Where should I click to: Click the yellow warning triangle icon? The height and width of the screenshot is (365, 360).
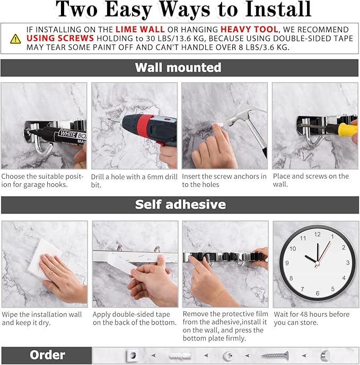(16, 38)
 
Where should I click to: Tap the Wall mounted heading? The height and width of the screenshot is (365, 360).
(178, 68)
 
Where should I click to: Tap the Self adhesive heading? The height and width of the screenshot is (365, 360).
(180, 204)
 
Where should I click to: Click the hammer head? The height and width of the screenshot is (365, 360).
(241, 114)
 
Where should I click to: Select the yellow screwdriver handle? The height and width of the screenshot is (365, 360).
(347, 129)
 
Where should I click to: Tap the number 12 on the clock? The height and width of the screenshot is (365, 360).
(317, 234)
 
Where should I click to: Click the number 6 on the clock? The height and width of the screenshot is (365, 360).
(317, 293)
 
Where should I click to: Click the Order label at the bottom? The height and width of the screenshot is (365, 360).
(47, 355)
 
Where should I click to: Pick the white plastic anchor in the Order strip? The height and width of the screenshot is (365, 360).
(180, 355)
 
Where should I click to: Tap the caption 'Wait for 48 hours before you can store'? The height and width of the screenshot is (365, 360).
(312, 318)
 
